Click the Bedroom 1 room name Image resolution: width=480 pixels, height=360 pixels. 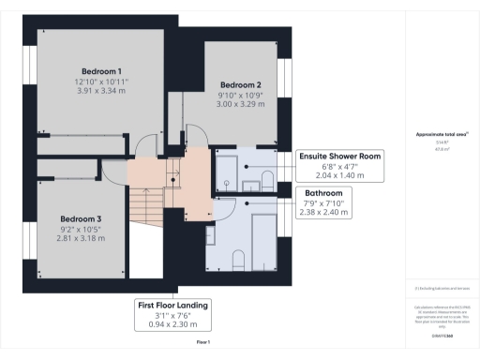click(x=99, y=71)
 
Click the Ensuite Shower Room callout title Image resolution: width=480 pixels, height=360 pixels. click(x=338, y=156)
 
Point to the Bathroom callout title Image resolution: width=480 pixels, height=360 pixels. click(x=324, y=193)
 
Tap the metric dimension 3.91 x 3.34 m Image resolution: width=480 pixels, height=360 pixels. click(x=99, y=92)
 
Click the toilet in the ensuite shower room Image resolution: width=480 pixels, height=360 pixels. click(x=265, y=180)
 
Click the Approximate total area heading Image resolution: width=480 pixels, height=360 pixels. click(x=442, y=135)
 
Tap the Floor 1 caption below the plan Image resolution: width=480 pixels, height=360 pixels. click(x=203, y=344)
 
